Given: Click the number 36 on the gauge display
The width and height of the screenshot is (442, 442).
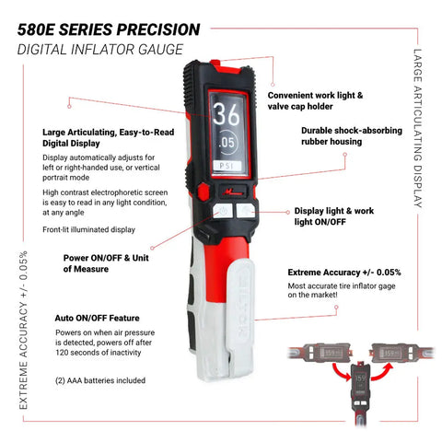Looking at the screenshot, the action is [227, 114].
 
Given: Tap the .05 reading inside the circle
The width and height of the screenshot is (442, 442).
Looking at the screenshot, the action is [227, 143].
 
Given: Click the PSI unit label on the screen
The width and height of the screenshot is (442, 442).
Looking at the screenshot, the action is [227, 166].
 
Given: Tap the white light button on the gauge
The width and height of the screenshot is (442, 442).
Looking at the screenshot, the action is [246, 211].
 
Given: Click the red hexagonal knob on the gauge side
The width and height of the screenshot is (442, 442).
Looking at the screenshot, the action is [203, 192].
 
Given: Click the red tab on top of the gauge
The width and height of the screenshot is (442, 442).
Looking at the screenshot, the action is [215, 63].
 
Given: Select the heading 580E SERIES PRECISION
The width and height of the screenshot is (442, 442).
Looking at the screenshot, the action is [109, 29].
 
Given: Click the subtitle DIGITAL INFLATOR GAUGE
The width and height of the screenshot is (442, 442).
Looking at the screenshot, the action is [100, 50].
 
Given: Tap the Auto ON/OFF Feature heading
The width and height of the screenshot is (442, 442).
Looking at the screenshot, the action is [97, 318].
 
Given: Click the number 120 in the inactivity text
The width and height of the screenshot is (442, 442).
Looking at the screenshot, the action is [62, 353].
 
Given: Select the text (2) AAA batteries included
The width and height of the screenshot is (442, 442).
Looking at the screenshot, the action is [100, 380].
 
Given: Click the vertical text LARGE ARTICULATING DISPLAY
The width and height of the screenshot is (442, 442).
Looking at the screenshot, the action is [417, 128].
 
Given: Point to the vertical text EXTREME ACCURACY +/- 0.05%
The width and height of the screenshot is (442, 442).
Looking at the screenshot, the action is [23, 330].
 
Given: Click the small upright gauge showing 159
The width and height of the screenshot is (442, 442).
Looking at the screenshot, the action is [360, 389].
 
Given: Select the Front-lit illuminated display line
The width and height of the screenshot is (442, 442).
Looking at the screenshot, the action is [88, 229].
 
